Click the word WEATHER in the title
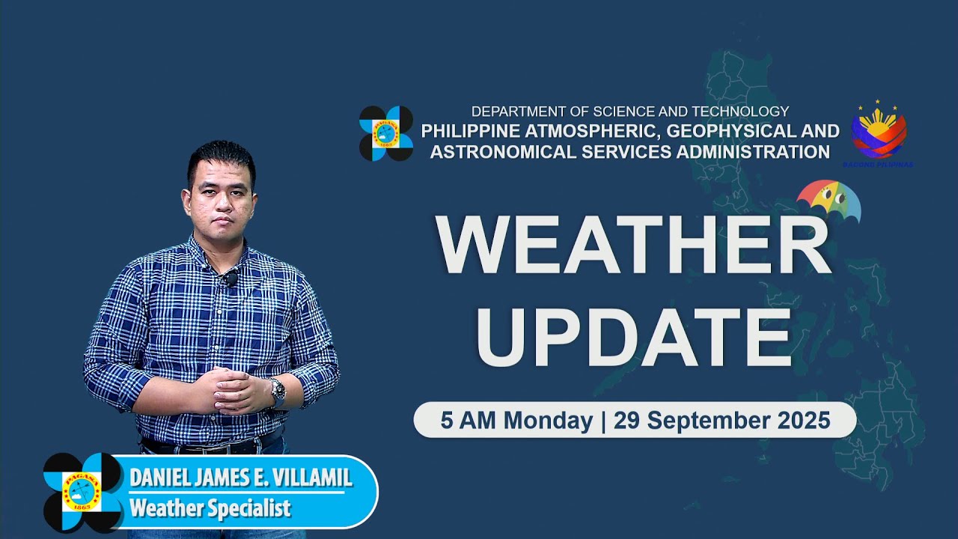[x=633, y=245]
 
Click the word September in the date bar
[x=699, y=420]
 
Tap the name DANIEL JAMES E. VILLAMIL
[x=240, y=478]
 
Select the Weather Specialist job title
[x=210, y=508]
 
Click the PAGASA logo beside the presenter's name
[x=82, y=492]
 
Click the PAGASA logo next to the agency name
[x=386, y=133]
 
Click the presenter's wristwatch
[x=278, y=391]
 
